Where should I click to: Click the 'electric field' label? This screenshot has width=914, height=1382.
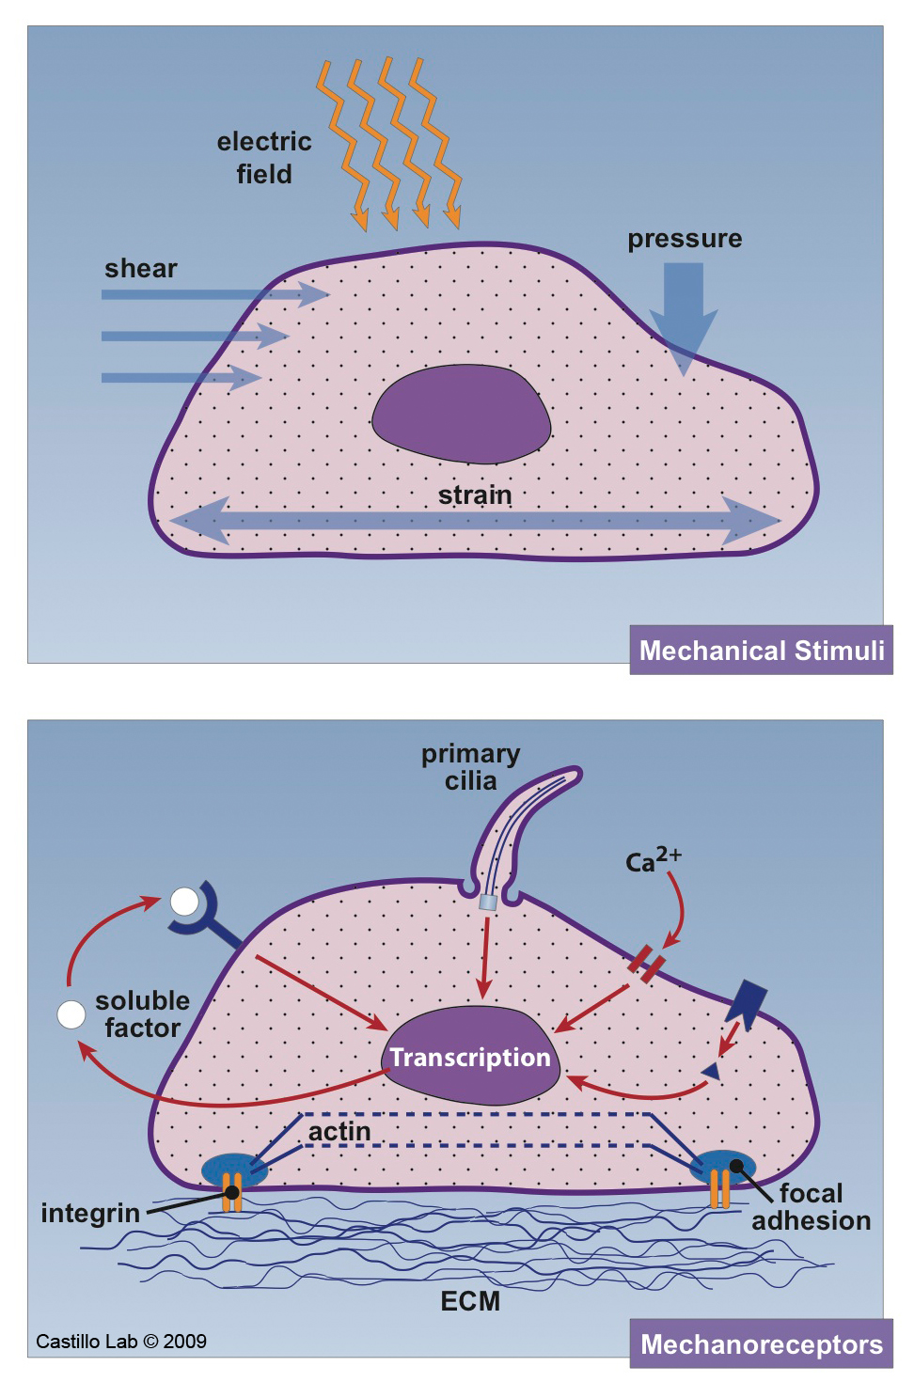(264, 158)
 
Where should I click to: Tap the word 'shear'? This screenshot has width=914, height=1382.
(141, 269)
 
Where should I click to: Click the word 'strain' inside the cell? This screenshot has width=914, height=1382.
(475, 495)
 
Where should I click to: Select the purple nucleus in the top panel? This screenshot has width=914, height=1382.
(461, 415)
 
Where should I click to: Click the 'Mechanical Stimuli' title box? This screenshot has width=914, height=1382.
(762, 651)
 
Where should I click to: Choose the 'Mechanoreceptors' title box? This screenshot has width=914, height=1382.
(762, 1344)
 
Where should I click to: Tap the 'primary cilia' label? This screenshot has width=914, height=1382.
(470, 767)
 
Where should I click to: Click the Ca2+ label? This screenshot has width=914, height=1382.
(653, 859)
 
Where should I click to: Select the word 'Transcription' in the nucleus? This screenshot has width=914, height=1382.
(470, 1058)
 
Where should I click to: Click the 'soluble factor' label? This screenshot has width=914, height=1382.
(142, 1014)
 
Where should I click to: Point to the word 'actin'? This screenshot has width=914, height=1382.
(339, 1132)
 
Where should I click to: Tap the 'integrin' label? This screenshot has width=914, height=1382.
(90, 1214)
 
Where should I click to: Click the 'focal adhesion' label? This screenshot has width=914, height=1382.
(811, 1207)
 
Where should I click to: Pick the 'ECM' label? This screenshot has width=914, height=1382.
(470, 1301)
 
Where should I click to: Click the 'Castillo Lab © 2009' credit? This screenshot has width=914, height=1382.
(121, 1342)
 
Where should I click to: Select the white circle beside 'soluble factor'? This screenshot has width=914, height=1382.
(71, 1015)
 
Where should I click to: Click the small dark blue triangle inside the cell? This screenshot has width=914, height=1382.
(712, 1071)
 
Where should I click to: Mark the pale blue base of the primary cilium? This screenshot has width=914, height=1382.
(487, 903)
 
